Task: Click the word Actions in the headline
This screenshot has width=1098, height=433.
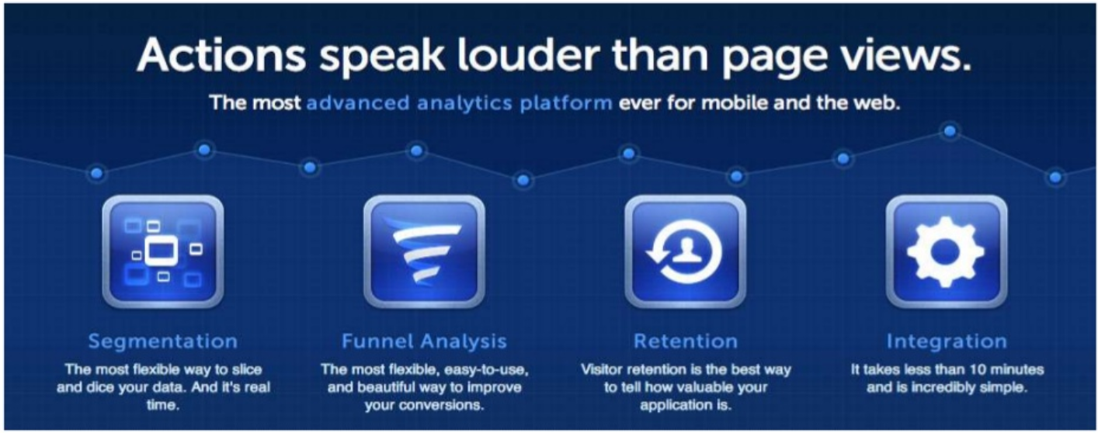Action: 222,54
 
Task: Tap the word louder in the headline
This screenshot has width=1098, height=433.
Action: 527,54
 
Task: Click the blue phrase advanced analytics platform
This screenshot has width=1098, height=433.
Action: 459,103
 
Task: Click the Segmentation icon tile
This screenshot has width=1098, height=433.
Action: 163,251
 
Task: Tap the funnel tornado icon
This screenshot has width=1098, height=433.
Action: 425,251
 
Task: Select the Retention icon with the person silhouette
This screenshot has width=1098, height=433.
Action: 685,251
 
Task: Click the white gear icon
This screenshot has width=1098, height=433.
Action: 946,251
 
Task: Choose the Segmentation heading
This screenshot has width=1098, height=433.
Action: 163,341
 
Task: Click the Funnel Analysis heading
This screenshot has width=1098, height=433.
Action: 424,341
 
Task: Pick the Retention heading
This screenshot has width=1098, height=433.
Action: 685,341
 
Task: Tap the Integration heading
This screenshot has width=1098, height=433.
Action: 947,341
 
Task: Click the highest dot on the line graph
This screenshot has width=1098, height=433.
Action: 950,131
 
